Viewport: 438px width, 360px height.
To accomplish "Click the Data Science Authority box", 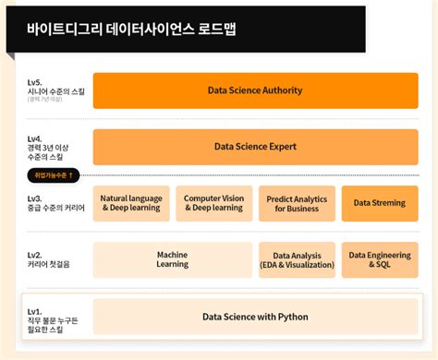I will coord(255,90).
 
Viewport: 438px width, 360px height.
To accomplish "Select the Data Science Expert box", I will coord(255,146).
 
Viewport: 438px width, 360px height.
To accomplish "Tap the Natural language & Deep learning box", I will coord(131,203).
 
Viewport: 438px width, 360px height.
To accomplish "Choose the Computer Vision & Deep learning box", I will coord(213,203).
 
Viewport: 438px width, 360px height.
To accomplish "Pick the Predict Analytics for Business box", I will coord(297,203).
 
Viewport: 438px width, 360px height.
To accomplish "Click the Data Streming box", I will coord(379,203).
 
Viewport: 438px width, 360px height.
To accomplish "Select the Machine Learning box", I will coord(172,259).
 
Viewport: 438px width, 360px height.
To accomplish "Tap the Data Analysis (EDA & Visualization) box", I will coord(297,259).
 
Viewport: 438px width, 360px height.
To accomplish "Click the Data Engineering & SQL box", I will coord(379,259).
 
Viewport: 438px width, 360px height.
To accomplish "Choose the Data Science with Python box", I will coord(255,317).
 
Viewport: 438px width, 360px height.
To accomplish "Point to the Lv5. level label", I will coord(35,82).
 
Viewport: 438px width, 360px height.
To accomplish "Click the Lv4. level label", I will coord(35,138).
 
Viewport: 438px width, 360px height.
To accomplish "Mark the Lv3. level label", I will coord(35,198).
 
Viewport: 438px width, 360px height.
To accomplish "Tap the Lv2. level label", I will coord(35,254).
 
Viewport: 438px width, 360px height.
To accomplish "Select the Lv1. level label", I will coord(35,311).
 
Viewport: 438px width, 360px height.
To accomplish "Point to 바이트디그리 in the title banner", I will coord(59,29).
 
